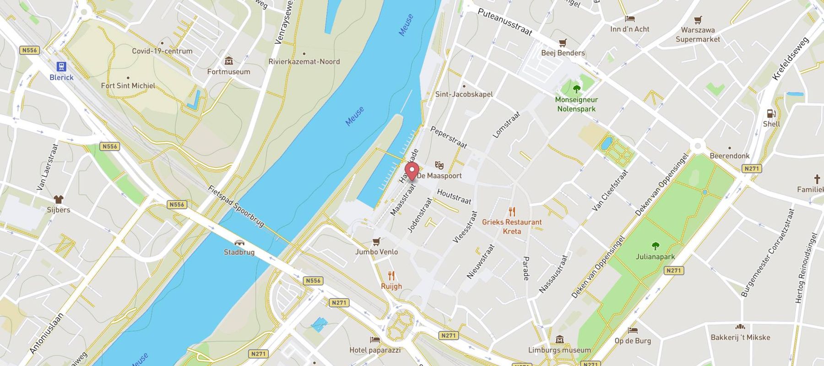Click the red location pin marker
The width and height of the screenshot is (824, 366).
[412, 172]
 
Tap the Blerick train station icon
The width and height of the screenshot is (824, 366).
[61, 67]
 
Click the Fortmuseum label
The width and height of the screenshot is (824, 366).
[228, 72]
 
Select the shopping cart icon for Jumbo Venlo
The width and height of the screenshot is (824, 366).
[376, 242]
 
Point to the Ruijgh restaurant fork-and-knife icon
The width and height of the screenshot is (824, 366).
[391, 276]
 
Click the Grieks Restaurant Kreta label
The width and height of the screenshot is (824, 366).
[512, 226]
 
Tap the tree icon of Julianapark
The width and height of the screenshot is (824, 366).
[655, 246]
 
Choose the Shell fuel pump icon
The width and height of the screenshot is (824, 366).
[771, 113]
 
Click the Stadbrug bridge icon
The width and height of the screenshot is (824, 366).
[239, 243]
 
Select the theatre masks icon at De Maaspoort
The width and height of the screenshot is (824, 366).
[439, 165]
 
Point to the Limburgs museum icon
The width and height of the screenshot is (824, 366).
[559, 339]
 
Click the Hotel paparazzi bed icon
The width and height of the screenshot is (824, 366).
[375, 340]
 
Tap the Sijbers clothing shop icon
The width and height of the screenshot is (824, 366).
[59, 199]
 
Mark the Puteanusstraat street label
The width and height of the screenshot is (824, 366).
[505, 22]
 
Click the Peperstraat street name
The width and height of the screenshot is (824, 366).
[449, 137]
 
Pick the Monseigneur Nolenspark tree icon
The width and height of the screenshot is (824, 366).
[576, 89]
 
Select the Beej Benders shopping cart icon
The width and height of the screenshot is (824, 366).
[563, 43]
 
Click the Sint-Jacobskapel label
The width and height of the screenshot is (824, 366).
[464, 94]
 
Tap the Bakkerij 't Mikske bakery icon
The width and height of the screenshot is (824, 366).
[740, 327]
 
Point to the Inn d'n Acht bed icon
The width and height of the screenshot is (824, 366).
[630, 19]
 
